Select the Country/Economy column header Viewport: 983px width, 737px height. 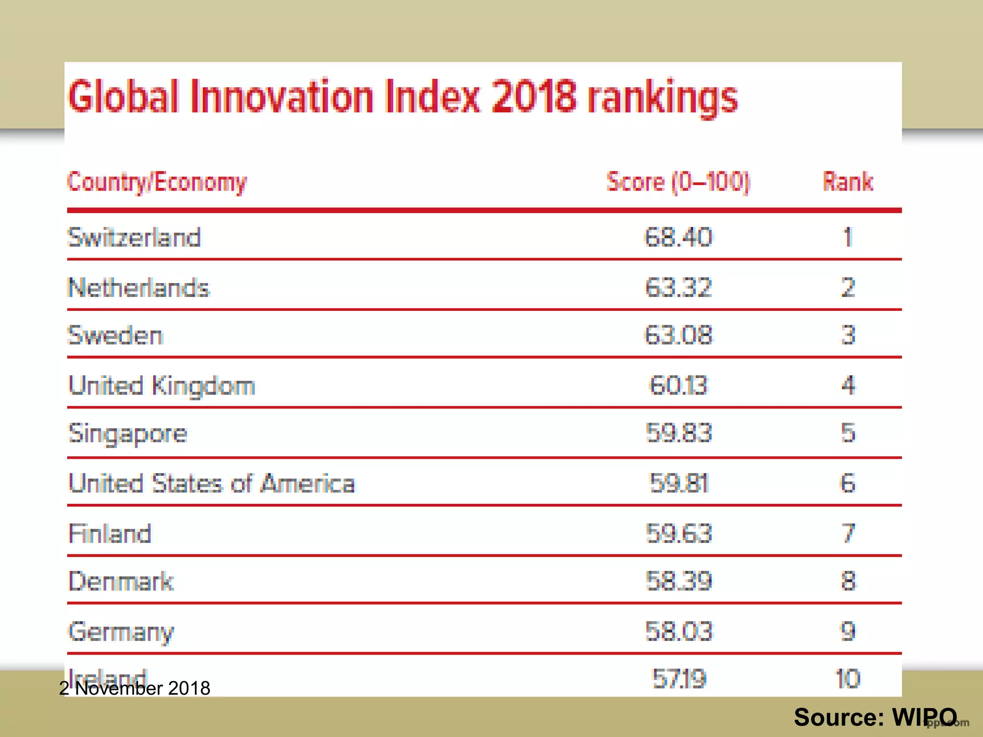click(157, 182)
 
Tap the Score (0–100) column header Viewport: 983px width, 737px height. click(678, 182)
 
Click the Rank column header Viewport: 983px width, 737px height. click(848, 182)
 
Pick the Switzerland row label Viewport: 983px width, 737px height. click(134, 238)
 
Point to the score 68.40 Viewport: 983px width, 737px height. click(678, 238)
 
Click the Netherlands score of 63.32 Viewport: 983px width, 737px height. click(678, 288)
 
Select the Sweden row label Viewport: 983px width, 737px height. click(116, 335)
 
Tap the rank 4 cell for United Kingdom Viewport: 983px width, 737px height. click(848, 385)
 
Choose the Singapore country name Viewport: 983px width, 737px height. click(128, 434)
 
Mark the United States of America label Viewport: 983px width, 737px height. click(212, 484)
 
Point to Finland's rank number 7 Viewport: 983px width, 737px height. click(848, 533)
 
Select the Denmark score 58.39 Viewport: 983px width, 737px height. click(678, 581)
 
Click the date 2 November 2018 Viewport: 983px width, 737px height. click(135, 689)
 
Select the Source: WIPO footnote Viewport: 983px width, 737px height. click(875, 717)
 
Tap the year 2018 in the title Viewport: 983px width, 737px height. click(533, 97)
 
